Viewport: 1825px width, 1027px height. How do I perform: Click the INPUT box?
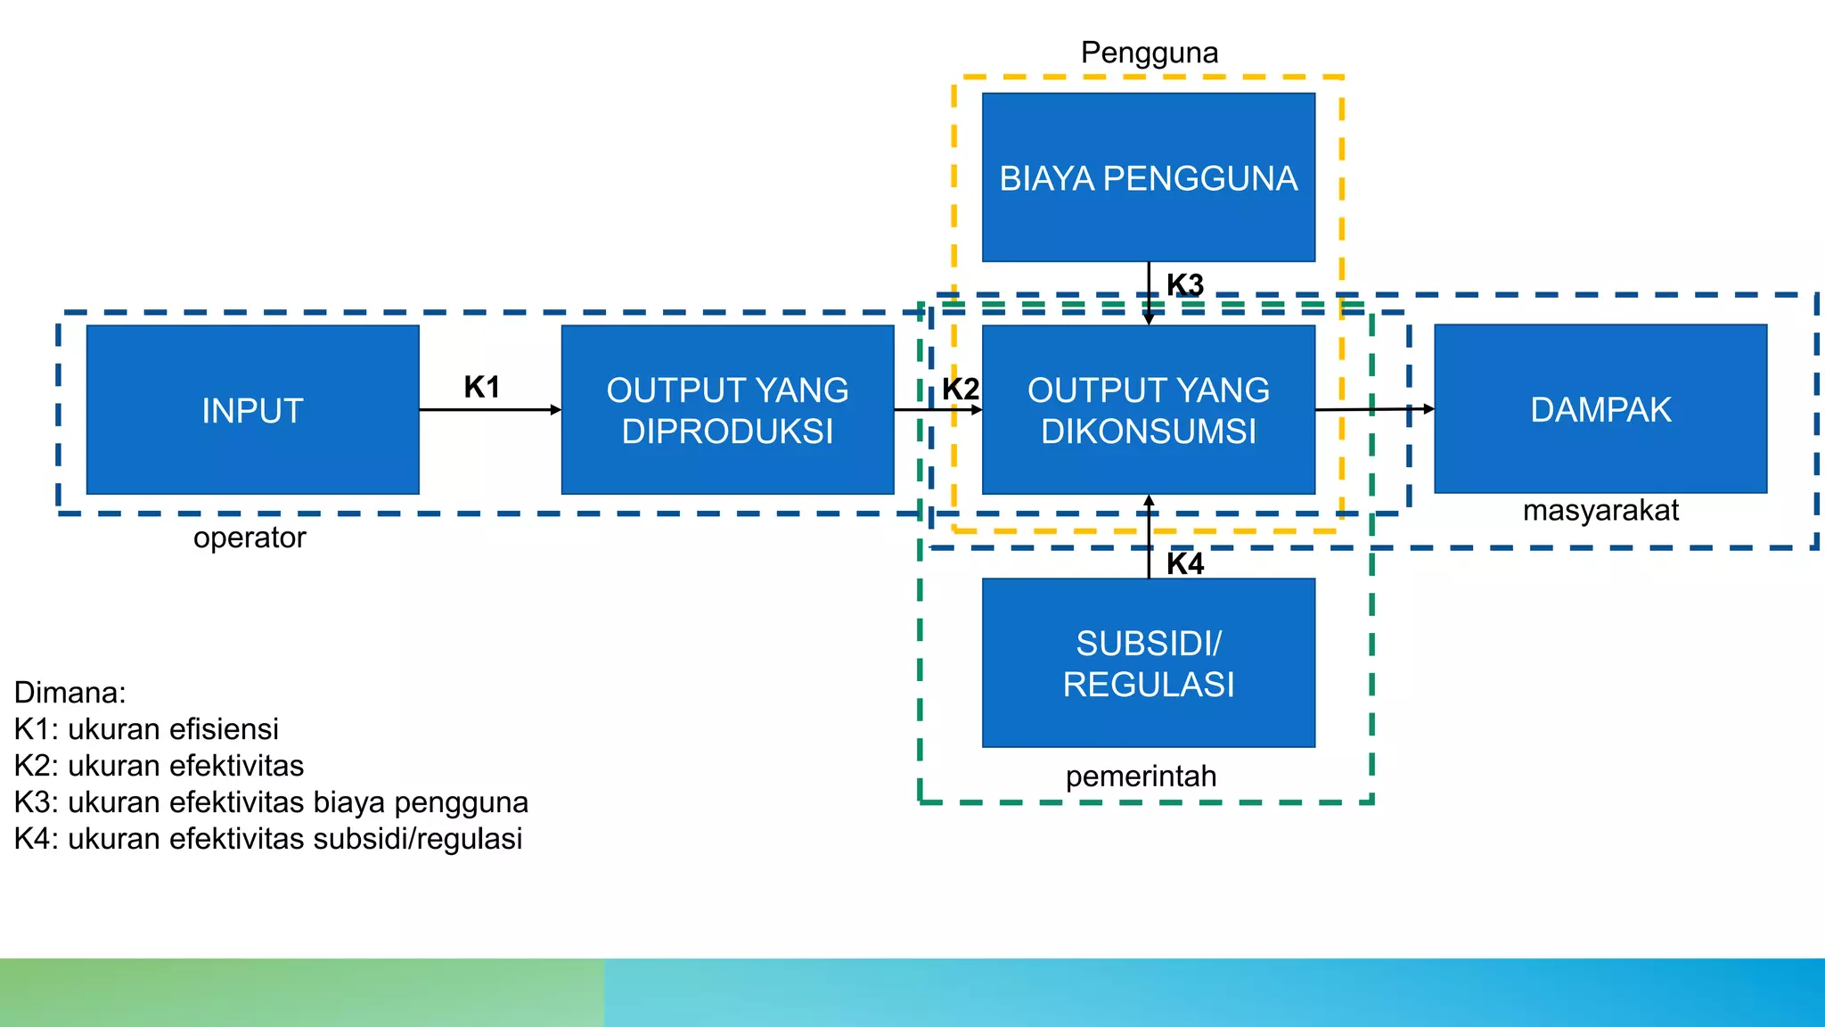coord(252,410)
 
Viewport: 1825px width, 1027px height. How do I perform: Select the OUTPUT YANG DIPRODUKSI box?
coord(727,410)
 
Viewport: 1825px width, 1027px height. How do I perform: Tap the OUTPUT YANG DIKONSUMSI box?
coord(1148,410)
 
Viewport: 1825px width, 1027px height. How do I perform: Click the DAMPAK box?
coord(1600,409)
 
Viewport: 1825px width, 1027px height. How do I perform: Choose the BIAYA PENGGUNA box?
coord(1148,178)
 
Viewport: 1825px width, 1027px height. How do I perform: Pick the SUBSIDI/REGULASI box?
coord(1148,663)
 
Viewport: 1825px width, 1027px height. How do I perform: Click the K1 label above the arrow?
coord(481,387)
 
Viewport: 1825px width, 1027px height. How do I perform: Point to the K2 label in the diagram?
coord(961,389)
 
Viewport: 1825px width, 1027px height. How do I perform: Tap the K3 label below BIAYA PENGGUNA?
coord(1185,285)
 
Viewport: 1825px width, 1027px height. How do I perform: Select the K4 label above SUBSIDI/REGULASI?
coord(1185,563)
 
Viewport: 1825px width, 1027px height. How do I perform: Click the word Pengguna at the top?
coord(1150,53)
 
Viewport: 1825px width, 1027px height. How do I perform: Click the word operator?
coord(250,538)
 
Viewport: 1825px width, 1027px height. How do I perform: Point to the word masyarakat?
coord(1600,511)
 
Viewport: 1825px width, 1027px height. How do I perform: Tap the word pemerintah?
coord(1141,776)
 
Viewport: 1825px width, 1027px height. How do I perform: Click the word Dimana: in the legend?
coord(70,693)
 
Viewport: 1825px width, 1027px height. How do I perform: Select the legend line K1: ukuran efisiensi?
coord(147,729)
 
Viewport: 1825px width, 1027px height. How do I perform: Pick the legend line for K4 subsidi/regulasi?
coord(268,839)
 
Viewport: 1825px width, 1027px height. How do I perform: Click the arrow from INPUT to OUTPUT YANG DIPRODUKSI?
coord(490,410)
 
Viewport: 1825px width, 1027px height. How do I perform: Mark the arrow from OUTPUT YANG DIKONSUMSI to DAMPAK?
coord(1374,409)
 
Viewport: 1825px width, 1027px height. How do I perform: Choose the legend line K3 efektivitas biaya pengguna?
coord(271,802)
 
